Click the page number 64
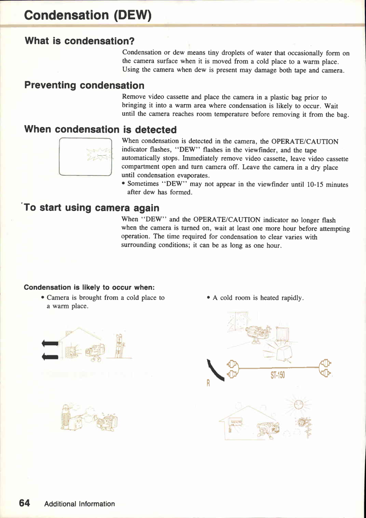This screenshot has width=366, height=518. tap(24, 503)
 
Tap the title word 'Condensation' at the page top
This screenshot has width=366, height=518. tap(66, 15)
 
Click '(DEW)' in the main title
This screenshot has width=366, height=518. tap(133, 15)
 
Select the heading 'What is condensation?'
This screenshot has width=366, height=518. tap(80, 41)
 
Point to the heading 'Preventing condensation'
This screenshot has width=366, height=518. tap(84, 85)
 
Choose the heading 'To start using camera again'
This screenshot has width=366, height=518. tap(91, 208)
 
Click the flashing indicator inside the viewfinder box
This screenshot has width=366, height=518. tap(100, 155)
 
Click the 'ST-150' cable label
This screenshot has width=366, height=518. tap(278, 375)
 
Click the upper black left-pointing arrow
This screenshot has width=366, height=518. tap(50, 343)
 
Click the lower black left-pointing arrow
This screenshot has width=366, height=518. tap(50, 357)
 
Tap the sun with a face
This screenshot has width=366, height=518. tap(299, 404)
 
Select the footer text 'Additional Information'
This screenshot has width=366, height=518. tap(79, 504)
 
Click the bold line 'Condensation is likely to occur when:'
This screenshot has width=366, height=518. tap(89, 287)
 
